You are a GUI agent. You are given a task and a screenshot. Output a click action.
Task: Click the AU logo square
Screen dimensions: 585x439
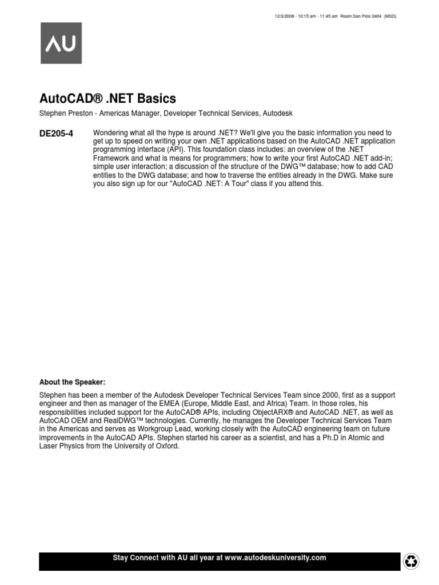coord(61,43)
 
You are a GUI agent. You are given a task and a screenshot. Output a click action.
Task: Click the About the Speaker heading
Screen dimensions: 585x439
coord(73,382)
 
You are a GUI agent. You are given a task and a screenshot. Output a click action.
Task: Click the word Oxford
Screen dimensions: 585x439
coord(167,447)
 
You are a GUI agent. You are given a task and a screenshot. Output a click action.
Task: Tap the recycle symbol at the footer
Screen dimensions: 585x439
coord(411,562)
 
